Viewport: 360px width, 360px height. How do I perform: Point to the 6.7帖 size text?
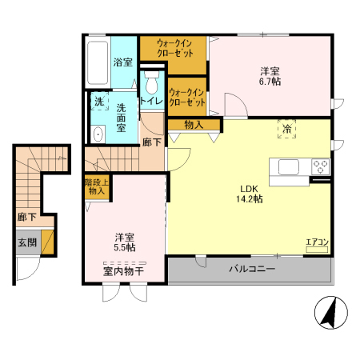coord(270,82)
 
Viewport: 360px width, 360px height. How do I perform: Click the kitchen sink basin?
coord(289,166)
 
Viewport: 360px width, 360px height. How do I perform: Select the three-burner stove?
coord(321,166)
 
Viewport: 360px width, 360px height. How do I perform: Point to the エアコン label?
coord(318,242)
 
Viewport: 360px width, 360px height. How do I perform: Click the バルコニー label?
coord(252,270)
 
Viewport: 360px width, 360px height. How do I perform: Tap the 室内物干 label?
coord(123,273)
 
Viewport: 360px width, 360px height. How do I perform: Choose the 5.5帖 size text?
coord(124,248)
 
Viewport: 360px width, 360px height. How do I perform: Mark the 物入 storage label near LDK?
coord(193,125)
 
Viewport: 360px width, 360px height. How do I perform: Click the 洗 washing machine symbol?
coord(99,102)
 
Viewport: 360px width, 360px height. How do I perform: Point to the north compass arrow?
coord(327,314)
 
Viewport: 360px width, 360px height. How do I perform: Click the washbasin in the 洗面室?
coord(98,134)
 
